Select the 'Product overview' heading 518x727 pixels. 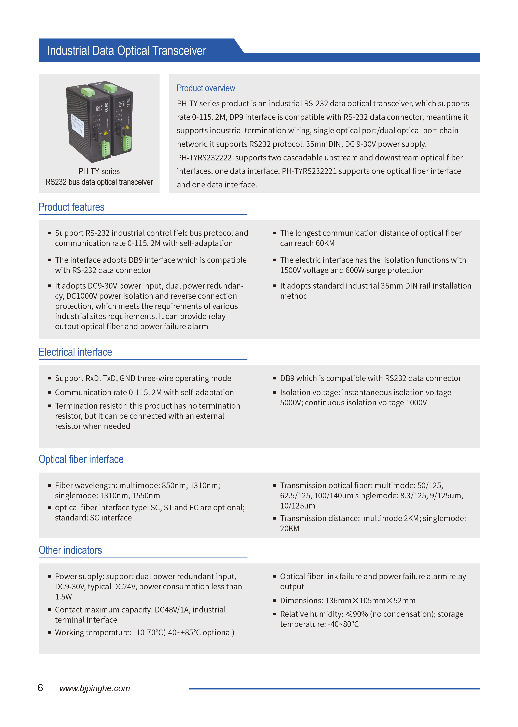206,88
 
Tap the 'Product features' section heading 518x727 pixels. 71,207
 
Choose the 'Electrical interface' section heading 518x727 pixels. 75,352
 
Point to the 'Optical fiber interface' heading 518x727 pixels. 81,459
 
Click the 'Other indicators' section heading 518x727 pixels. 70,550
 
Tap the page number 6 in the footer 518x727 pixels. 40,688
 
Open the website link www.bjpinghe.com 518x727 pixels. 95,688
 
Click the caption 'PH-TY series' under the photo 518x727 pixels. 99,171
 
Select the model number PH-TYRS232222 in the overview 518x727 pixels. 204,158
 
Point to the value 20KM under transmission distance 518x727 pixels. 290,528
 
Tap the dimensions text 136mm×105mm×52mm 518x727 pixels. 370,601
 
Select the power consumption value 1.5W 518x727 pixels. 64,597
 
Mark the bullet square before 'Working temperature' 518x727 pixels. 50,633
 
